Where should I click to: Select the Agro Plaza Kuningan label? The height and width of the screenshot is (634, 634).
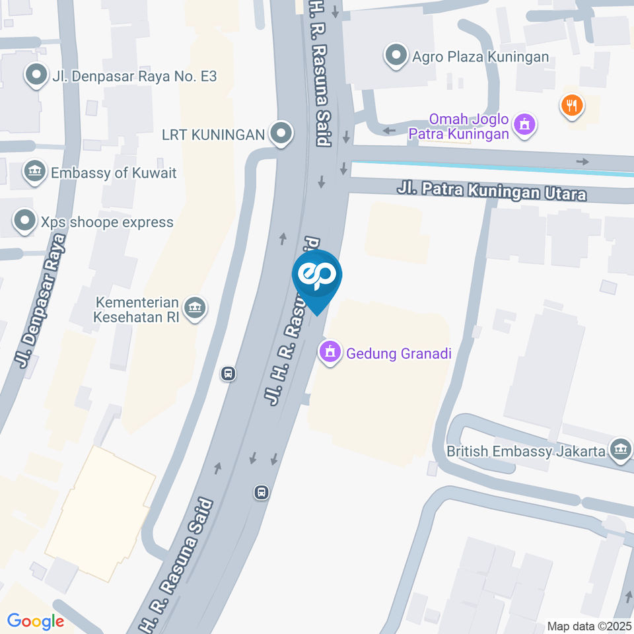[x=480, y=57]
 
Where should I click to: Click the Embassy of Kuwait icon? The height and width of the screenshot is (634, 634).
[x=33, y=172]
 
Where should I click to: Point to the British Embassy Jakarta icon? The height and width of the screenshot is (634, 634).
[x=620, y=451]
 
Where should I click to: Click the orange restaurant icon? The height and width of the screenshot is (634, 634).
[x=571, y=104]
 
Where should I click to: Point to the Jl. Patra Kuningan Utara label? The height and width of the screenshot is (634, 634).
[x=491, y=192]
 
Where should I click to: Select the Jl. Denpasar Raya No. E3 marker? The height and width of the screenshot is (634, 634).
[x=35, y=76]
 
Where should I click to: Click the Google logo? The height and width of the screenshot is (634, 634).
[x=36, y=621]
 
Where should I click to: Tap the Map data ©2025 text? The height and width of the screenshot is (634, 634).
[x=588, y=626]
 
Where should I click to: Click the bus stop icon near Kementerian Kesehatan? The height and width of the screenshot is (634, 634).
[x=229, y=374]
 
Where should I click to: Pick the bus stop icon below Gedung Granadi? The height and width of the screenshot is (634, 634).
[x=262, y=492]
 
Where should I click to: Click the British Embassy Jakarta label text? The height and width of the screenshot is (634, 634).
[x=526, y=452]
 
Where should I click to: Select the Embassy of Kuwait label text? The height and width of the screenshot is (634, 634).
[x=114, y=173]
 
